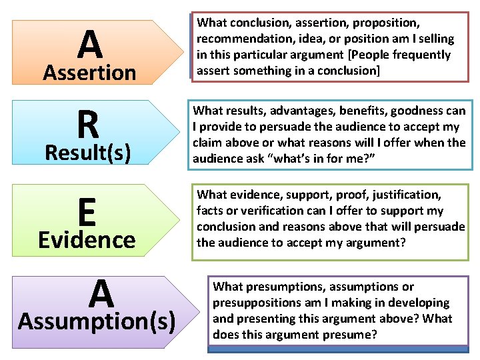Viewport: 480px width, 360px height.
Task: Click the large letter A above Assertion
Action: coord(89,45)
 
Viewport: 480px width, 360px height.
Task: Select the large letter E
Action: coord(86,213)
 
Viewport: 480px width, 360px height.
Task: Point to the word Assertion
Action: coord(89,72)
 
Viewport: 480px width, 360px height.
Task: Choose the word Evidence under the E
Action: coord(87,239)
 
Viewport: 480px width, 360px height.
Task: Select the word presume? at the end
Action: coord(355,335)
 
